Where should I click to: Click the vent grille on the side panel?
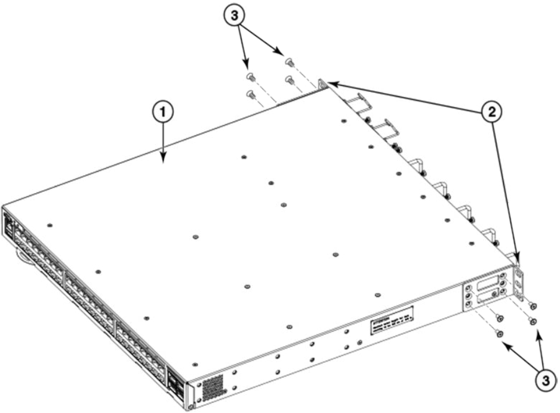tap(213, 387)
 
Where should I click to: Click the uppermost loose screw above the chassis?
tap(289, 60)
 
